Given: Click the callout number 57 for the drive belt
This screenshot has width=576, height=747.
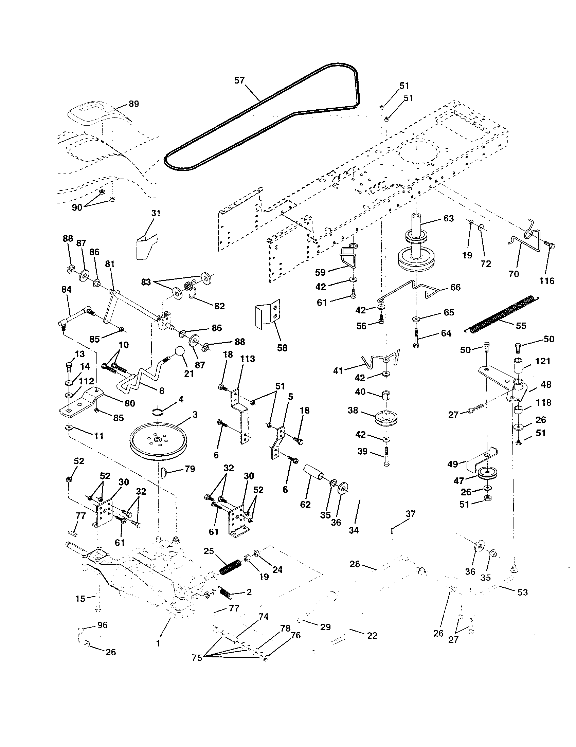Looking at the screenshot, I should click(239, 80).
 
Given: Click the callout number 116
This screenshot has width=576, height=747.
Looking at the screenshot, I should click(546, 281).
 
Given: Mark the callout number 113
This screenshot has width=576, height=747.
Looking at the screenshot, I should click(247, 359).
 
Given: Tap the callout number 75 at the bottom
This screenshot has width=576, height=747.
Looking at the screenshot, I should click(197, 658).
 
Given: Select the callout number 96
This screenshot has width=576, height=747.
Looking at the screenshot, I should click(102, 625).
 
